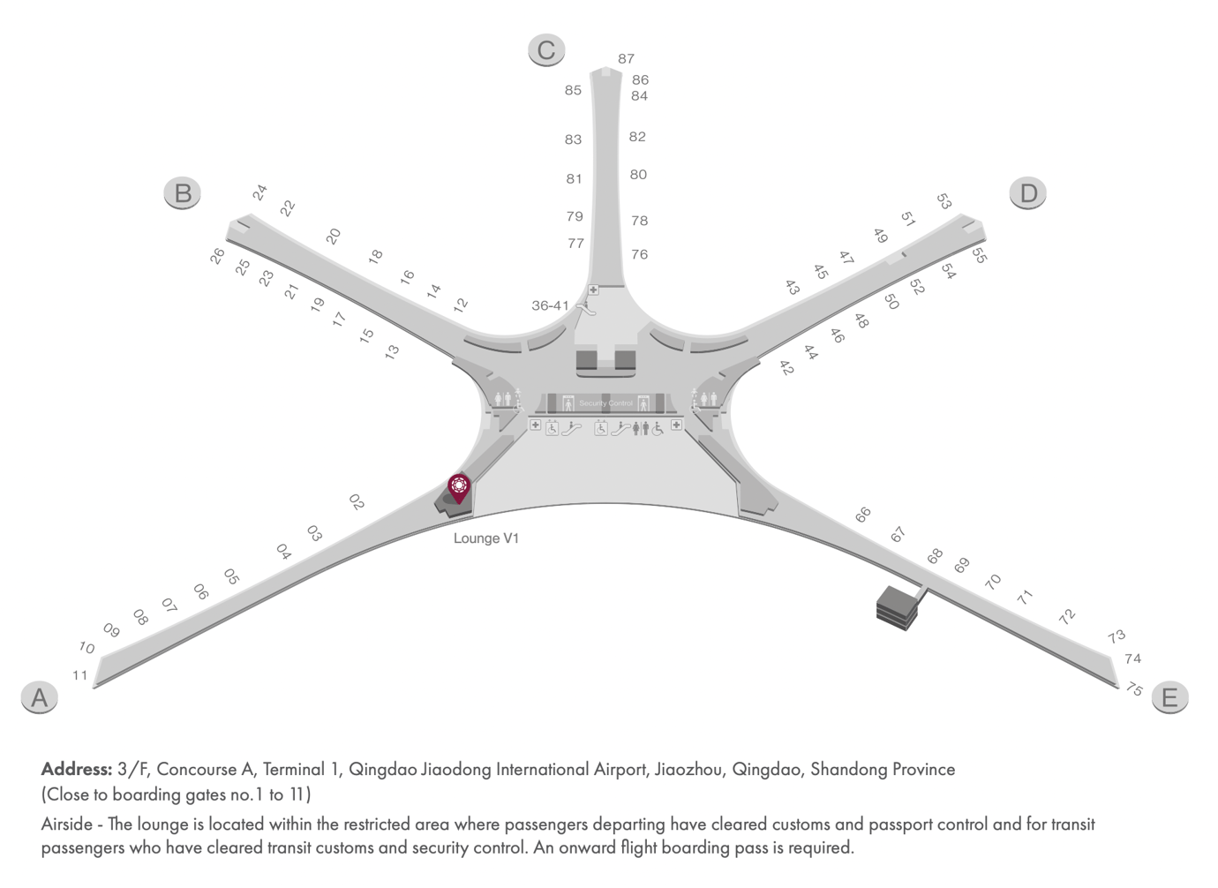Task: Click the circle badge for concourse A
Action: (x=39, y=697)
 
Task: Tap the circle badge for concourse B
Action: (x=183, y=192)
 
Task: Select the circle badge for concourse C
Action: (x=546, y=49)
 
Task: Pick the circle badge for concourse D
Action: (x=1028, y=192)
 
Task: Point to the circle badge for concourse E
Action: (x=1169, y=697)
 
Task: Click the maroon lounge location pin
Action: (x=459, y=486)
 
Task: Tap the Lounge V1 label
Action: (x=486, y=538)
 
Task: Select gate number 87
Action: (x=626, y=58)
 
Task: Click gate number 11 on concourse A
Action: (x=80, y=675)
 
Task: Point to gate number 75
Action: (x=1134, y=689)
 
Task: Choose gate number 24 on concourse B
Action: (x=259, y=192)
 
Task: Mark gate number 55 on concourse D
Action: (x=979, y=256)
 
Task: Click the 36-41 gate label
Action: (x=550, y=305)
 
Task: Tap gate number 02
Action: (x=357, y=502)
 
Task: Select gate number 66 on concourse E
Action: (x=863, y=514)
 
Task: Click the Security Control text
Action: (x=605, y=403)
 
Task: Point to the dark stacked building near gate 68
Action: (x=897, y=607)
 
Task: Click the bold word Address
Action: (x=77, y=769)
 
